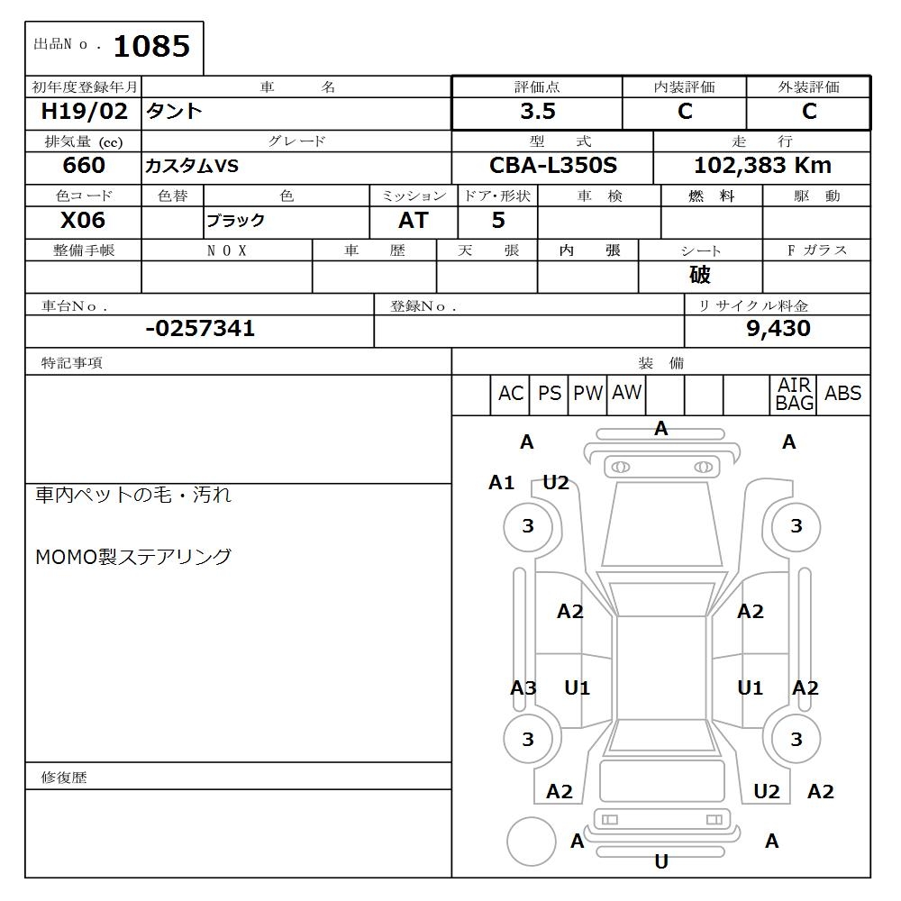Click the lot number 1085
(151, 46)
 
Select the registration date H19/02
(85, 112)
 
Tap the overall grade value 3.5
(537, 112)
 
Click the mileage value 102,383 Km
(762, 166)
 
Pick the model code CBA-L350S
(552, 166)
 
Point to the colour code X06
(83, 221)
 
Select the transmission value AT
(413, 221)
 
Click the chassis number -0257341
(200, 329)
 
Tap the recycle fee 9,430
(778, 329)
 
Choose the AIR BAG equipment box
(795, 395)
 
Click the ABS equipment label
(842, 394)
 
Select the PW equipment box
(587, 394)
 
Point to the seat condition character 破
(700, 275)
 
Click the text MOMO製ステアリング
(133, 557)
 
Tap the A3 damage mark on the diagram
(523, 688)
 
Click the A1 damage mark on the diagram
(501, 483)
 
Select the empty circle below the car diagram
(531, 842)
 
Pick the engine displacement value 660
(84, 166)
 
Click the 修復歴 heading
(64, 778)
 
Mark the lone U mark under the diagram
(661, 862)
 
